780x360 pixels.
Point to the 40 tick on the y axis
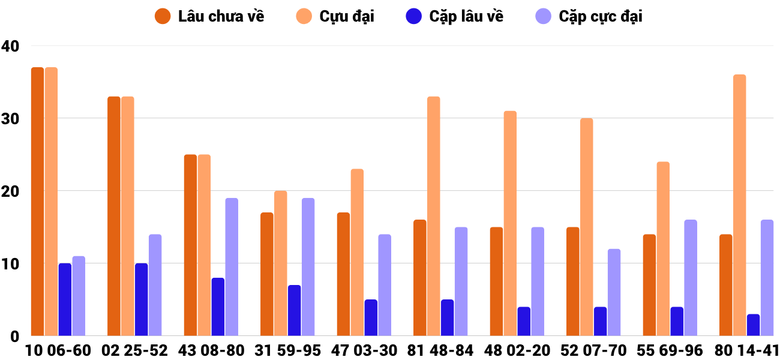coord(10,46)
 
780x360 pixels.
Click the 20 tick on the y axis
coord(10,191)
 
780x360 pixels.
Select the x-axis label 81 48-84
coord(440,350)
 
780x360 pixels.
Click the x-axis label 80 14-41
coord(746,350)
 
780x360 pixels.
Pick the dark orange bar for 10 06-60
coord(37,202)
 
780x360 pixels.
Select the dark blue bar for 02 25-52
coord(142,299)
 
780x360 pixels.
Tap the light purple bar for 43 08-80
coord(232,267)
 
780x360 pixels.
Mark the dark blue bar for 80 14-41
coord(753,325)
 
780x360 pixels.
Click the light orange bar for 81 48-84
coord(433,216)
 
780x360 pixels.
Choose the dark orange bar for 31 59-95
coord(267,274)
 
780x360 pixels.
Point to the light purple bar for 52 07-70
coord(614,292)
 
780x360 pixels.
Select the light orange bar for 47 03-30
coord(357,253)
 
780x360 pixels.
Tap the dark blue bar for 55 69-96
coord(677,322)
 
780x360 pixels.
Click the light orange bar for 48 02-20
coord(510,223)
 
